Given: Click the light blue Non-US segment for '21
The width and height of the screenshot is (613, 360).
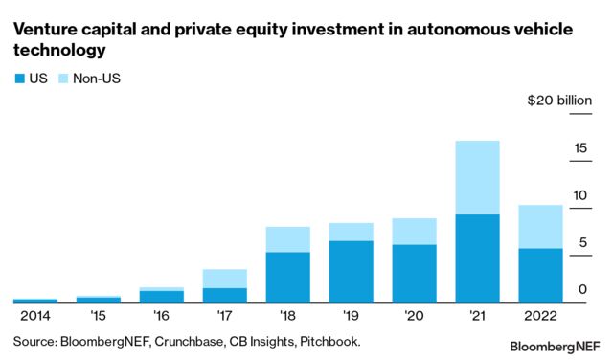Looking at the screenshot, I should click(477, 177).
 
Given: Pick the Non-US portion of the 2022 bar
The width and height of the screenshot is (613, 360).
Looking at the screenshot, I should click(540, 226).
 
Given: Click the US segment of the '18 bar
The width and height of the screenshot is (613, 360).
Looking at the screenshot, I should click(287, 276).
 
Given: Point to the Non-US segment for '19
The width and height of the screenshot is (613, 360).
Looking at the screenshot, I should click(351, 232).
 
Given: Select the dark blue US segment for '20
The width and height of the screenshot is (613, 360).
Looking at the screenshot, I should click(414, 272).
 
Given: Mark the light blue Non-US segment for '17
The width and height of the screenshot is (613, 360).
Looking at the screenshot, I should click(224, 279).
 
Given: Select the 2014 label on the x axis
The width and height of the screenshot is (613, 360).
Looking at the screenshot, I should click(34, 314).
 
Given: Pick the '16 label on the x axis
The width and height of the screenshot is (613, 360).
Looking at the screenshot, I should click(161, 314).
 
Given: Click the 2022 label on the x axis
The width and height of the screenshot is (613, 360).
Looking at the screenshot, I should click(540, 314).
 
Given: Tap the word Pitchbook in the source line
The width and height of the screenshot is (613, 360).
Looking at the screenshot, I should click(326, 340).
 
